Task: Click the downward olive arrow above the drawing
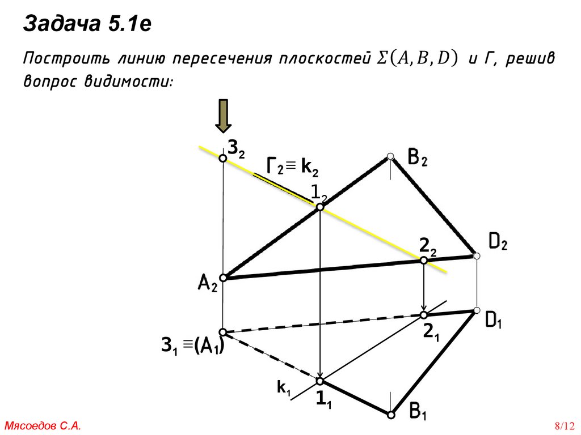[223, 117]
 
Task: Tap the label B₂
[417, 157]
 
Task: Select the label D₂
[498, 243]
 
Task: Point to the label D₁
[493, 321]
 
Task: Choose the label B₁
[418, 412]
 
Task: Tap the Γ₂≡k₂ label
[293, 167]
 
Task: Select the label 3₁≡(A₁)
[192, 346]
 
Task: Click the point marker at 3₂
[223, 159]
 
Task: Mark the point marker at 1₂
[320, 208]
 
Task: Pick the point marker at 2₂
[423, 260]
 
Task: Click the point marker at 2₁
[423, 314]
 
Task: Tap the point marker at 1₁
[320, 381]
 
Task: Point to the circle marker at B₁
[390, 415]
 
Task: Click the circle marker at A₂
[223, 278]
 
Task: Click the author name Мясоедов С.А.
[43, 425]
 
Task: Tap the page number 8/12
[565, 425]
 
